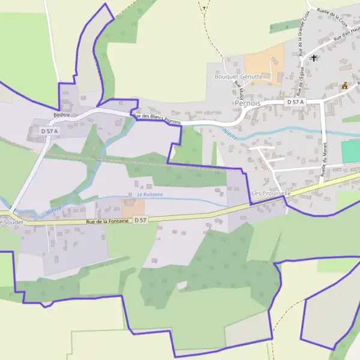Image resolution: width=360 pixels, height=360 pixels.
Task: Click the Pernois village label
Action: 247,103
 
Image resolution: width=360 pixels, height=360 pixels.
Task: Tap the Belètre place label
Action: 62,115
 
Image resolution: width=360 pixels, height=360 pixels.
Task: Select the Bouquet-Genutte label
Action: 238,77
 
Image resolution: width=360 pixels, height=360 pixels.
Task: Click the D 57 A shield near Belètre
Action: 50,131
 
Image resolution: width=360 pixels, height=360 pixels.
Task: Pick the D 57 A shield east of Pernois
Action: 296,103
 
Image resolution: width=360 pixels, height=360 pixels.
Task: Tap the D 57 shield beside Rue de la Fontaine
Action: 140,221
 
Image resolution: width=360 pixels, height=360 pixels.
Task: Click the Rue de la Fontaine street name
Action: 107,222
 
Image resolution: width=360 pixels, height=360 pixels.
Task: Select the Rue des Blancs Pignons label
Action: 157,118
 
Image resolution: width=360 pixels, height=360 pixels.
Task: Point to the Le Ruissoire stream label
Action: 149,194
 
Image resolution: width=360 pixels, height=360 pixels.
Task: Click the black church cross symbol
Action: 313,58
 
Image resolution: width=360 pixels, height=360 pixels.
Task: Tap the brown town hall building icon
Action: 345,86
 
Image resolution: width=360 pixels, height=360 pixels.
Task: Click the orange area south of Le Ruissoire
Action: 134,208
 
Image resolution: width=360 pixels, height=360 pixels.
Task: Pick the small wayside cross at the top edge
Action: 204,8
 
